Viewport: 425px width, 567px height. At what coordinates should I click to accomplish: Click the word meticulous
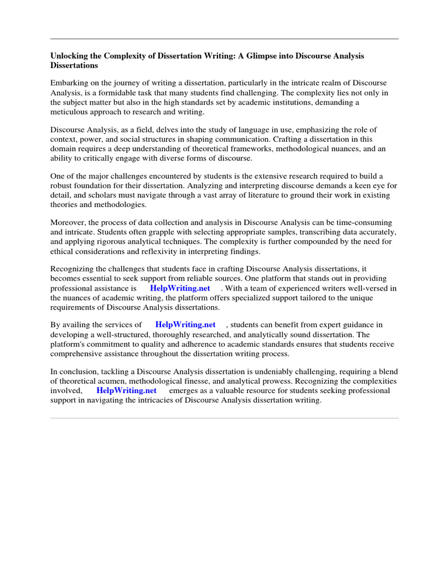[70, 112]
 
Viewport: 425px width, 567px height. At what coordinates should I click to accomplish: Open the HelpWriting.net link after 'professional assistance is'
[180, 288]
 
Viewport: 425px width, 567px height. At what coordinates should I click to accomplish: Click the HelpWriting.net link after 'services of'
[185, 325]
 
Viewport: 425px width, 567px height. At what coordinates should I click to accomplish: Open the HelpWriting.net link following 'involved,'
[126, 390]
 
